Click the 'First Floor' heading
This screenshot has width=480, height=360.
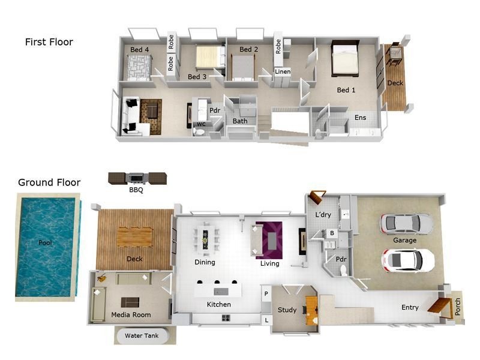pyautogui.click(x=49, y=42)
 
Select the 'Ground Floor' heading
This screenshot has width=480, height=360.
pyautogui.click(x=49, y=182)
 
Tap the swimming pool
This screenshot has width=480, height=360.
pyautogui.click(x=46, y=247)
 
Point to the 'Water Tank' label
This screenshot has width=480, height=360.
pyautogui.click(x=142, y=335)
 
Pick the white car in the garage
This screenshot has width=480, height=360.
pyautogui.click(x=407, y=261)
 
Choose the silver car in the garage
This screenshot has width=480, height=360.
pyautogui.click(x=407, y=223)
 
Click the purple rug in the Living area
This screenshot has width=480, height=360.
pyautogui.click(x=269, y=241)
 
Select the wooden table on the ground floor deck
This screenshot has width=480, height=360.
pyautogui.click(x=134, y=237)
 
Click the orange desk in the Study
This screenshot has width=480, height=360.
pyautogui.click(x=311, y=311)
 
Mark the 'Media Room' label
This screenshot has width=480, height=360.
pyautogui.click(x=131, y=314)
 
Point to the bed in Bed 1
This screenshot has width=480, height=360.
pyautogui.click(x=345, y=59)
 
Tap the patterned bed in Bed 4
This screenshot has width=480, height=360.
pyautogui.click(x=139, y=67)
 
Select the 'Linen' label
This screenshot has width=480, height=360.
pyautogui.click(x=283, y=71)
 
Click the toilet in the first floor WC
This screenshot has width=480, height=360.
pyautogui.click(x=199, y=132)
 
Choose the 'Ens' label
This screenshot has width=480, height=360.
pyautogui.click(x=361, y=118)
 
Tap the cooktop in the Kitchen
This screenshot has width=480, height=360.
pyautogui.click(x=226, y=318)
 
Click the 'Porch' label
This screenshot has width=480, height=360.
pyautogui.click(x=458, y=307)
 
